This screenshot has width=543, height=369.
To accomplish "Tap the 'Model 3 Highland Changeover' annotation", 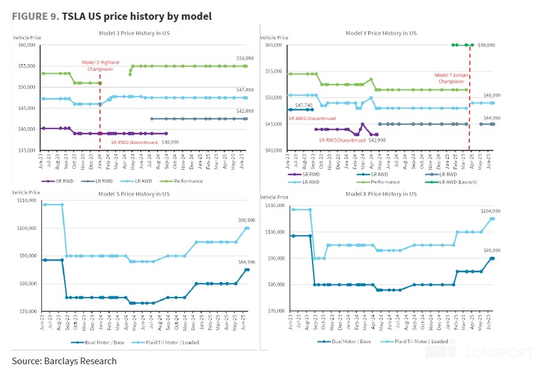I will tap(100, 65).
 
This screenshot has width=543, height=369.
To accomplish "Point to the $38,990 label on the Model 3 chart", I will tap(170, 142).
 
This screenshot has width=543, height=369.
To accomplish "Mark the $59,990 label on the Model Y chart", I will tap(493, 45).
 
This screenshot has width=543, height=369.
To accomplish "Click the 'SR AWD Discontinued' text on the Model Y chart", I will tap(312, 119).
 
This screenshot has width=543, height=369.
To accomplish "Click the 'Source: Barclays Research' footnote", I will tap(64, 361).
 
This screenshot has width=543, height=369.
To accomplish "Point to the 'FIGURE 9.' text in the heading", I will tap(35, 16).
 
